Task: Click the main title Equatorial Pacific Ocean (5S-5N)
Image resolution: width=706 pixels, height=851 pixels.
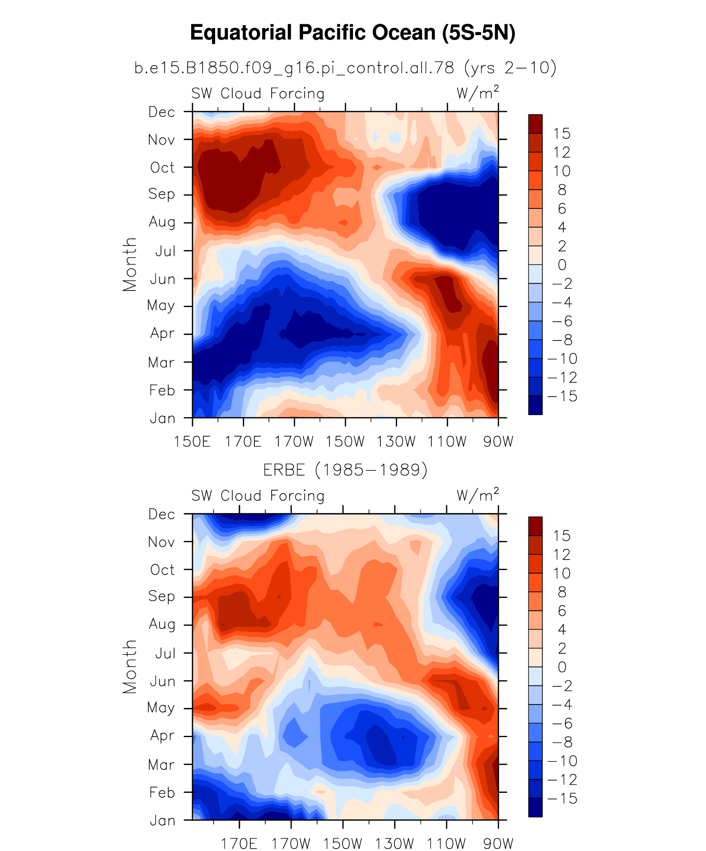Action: (353, 33)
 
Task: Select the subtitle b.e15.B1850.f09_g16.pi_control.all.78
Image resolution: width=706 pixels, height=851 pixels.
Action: (294, 67)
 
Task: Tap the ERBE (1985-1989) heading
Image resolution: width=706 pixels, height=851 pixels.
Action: (345, 470)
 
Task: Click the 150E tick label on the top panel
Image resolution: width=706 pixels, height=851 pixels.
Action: (192, 442)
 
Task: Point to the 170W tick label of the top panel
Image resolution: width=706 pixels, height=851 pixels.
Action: (294, 442)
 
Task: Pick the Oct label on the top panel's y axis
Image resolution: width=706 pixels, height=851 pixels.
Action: (162, 168)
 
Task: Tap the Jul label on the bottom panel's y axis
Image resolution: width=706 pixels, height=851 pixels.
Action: (165, 653)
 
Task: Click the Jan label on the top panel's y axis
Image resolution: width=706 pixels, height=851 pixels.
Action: (162, 418)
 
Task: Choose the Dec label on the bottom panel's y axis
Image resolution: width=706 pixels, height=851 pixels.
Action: (162, 514)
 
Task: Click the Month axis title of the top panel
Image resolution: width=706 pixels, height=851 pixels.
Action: (130, 265)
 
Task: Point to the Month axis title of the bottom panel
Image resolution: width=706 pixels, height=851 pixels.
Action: (130, 667)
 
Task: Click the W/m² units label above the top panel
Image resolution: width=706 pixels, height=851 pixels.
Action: (477, 93)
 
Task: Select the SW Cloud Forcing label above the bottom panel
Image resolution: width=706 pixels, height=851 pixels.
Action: (258, 496)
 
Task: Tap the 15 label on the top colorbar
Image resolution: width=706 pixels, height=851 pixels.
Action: (561, 134)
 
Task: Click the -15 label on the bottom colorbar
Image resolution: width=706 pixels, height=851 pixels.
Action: (562, 798)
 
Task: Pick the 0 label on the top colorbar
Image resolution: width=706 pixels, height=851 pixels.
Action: (561, 265)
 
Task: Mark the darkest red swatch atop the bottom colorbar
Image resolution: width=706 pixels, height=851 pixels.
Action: (535, 526)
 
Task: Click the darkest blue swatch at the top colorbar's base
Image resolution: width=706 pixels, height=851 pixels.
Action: (535, 405)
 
